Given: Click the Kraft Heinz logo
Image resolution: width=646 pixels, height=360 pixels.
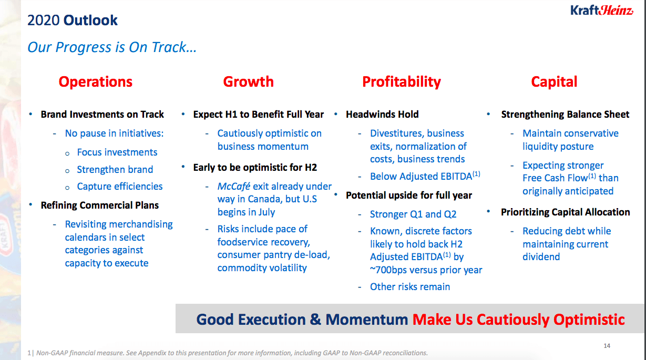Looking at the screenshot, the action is [x=602, y=11].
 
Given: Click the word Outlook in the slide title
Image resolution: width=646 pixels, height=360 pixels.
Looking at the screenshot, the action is [x=90, y=20].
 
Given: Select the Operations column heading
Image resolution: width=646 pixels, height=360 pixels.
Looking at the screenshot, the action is [x=96, y=81].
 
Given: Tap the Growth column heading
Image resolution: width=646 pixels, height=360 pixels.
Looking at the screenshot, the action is [x=248, y=81].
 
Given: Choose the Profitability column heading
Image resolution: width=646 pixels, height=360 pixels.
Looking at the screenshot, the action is [x=402, y=82].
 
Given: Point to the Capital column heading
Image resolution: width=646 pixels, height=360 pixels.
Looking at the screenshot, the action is [x=554, y=82].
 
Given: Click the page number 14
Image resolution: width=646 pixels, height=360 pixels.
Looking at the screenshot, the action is [x=607, y=346].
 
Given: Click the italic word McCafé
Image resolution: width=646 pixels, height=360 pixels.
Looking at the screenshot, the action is [x=233, y=187].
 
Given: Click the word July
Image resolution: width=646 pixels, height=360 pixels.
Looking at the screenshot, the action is [x=266, y=212].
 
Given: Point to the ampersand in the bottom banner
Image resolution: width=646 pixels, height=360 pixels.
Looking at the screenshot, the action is [x=315, y=320].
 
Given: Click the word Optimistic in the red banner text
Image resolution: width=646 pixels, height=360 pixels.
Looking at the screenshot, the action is [x=589, y=320].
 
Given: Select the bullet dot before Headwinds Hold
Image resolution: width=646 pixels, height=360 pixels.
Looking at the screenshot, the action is [x=336, y=114].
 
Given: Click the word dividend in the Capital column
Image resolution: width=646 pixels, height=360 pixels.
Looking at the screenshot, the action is [x=541, y=257].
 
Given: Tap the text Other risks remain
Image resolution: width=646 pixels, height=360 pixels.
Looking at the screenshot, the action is [x=410, y=287].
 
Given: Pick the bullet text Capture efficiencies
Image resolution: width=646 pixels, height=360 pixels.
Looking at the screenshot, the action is [x=120, y=187].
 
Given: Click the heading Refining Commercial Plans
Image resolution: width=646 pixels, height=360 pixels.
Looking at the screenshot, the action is [x=99, y=205].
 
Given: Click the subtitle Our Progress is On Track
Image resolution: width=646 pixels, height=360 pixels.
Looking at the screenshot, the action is [x=112, y=47].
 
